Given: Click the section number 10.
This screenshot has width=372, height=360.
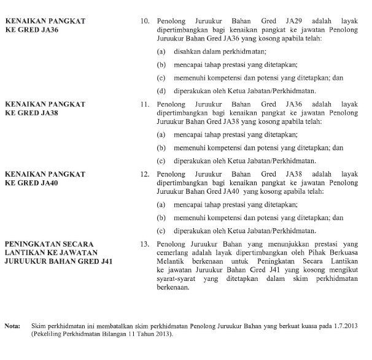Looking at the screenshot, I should pyautogui.click(x=145, y=21).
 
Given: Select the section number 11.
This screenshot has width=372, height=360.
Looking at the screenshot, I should pyautogui.click(x=145, y=105).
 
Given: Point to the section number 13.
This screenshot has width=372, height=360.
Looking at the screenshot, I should pyautogui.click(x=145, y=243).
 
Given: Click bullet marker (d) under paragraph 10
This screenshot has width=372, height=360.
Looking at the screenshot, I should pyautogui.click(x=161, y=91).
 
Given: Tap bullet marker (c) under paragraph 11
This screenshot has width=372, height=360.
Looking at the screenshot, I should pyautogui.click(x=161, y=161).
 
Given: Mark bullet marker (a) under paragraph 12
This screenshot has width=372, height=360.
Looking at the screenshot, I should pyautogui.click(x=161, y=204).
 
